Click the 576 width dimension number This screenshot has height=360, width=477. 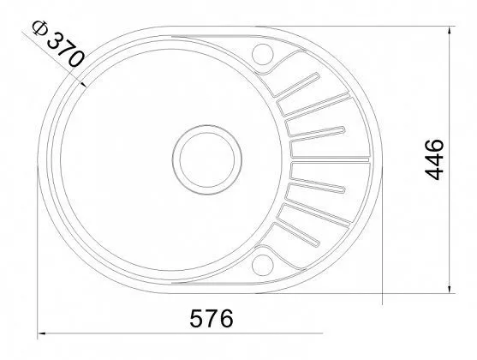[x=212, y=318]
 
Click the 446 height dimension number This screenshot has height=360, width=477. [x=434, y=159]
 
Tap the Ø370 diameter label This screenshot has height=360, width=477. [x=57, y=44]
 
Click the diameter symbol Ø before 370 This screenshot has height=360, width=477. [x=40, y=27]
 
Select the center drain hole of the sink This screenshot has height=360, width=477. [x=207, y=159]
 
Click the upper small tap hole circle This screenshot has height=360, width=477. [x=263, y=54]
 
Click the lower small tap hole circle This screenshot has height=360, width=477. [x=263, y=265]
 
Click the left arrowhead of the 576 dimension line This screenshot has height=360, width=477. [x=41, y=333]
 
